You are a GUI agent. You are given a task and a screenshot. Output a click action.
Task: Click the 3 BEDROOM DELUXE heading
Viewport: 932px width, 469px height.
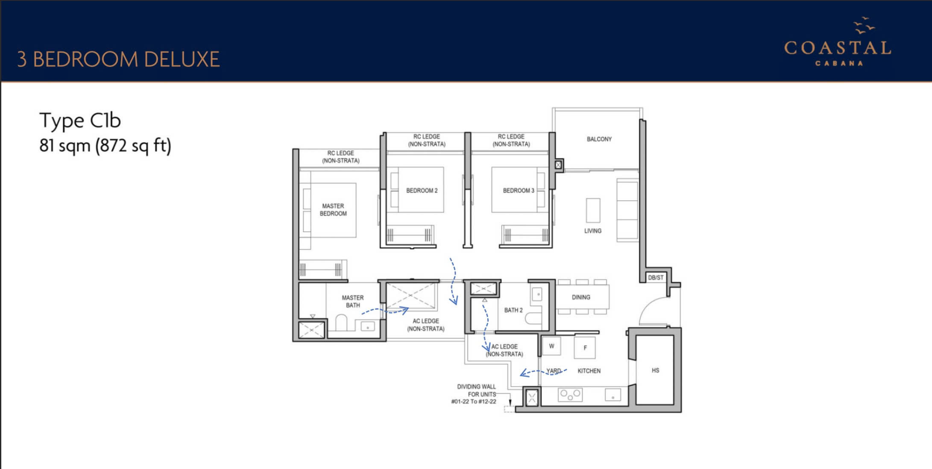(x=118, y=59)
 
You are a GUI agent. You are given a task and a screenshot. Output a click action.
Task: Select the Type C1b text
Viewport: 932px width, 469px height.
(x=80, y=121)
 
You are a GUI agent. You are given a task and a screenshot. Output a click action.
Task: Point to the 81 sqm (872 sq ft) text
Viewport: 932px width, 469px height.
(x=105, y=146)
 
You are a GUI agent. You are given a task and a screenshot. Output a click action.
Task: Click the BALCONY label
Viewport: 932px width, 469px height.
(x=599, y=139)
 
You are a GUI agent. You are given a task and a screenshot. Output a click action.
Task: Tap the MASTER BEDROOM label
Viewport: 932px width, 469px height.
(x=333, y=210)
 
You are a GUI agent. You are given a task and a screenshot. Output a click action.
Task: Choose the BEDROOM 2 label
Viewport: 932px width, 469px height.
(x=422, y=191)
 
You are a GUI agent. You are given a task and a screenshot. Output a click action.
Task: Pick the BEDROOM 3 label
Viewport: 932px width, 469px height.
(x=519, y=191)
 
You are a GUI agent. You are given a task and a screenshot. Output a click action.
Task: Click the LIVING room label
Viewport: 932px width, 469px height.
(x=593, y=231)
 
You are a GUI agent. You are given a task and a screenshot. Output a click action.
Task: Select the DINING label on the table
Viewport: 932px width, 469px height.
(x=581, y=297)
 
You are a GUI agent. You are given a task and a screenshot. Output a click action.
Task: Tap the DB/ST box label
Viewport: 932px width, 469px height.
(x=656, y=278)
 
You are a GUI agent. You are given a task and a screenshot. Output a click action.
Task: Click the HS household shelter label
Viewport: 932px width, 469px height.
(x=655, y=370)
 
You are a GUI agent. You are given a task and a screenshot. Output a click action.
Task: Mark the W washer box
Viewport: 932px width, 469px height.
(x=551, y=346)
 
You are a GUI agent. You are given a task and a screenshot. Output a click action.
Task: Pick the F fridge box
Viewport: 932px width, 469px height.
(x=585, y=348)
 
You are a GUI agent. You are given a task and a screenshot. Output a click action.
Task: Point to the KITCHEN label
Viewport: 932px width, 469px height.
(x=589, y=371)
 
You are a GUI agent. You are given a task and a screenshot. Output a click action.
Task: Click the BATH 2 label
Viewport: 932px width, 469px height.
(x=513, y=310)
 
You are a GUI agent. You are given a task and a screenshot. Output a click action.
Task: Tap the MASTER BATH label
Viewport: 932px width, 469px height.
(x=353, y=302)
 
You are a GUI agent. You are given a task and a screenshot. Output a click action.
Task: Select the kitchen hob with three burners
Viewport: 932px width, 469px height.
(x=570, y=394)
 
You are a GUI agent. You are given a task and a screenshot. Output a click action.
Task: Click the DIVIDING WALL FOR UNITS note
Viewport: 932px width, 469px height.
(x=475, y=394)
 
